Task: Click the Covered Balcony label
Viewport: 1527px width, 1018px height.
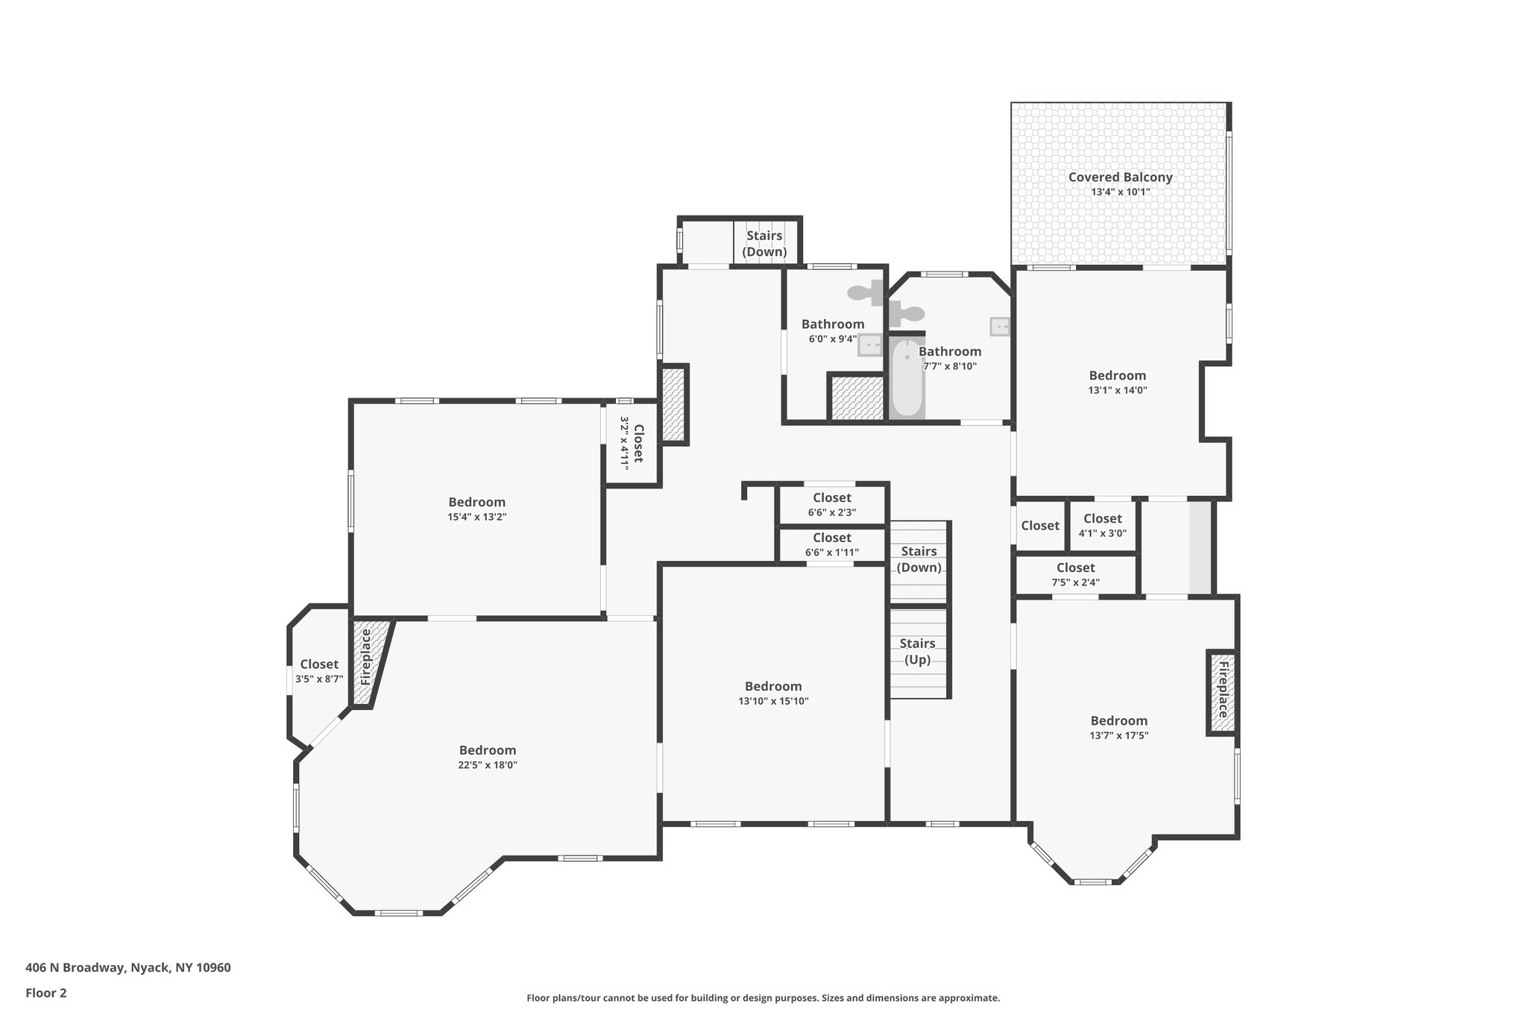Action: point(1120,177)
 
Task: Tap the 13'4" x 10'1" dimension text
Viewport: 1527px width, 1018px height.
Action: point(1120,192)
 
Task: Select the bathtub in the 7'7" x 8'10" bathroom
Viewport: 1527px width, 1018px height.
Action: point(907,379)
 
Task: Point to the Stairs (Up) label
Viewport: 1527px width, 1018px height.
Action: point(917,651)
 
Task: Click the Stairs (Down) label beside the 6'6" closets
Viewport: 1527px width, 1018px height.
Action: point(919,559)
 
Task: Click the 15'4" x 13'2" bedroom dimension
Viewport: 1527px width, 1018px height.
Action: point(476,517)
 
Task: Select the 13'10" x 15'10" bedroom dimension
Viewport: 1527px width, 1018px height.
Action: point(773,701)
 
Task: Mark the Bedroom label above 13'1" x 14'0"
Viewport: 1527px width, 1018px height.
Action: point(1117,376)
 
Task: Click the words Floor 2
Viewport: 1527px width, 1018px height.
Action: point(46,993)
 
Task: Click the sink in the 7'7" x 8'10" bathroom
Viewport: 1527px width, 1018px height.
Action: point(999,327)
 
